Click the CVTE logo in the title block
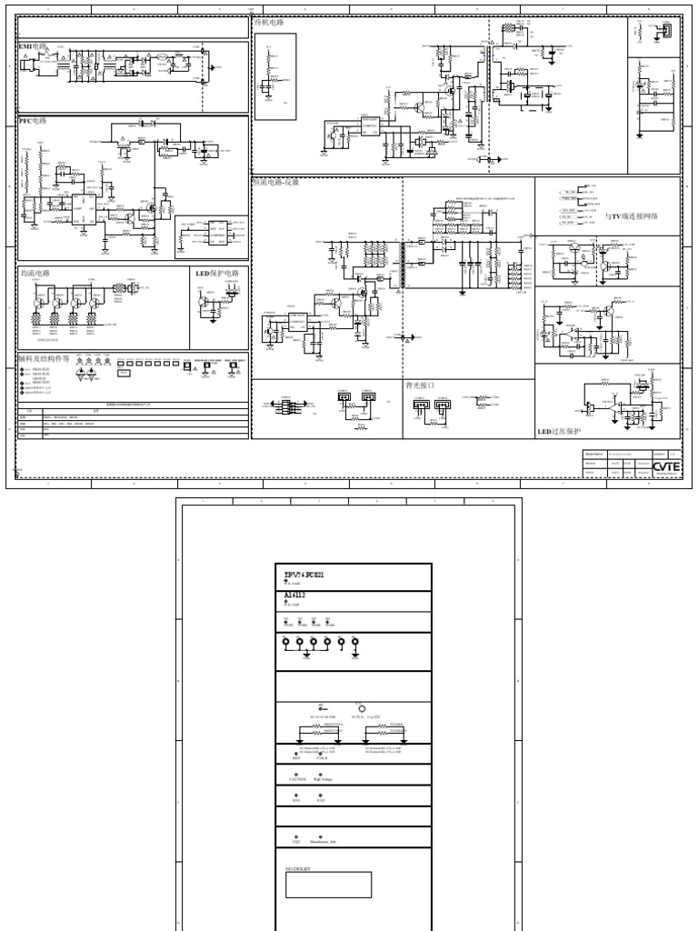tap(665, 467)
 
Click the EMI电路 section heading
tap(33, 45)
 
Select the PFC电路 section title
tap(33, 120)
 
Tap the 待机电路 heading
tap(269, 23)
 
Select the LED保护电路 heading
tap(217, 273)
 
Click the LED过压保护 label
tap(558, 431)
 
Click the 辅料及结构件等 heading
tap(43, 358)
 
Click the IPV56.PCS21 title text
tap(304, 575)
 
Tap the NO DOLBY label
tap(298, 869)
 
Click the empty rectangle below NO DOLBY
tap(328, 885)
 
